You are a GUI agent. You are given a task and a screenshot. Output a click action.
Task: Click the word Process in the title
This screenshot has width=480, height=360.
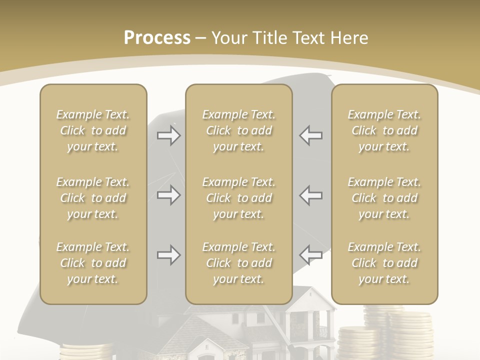(x=157, y=38)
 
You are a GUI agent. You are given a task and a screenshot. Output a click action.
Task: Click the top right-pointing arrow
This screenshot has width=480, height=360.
(x=168, y=135)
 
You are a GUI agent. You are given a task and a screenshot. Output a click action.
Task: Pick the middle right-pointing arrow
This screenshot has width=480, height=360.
(x=168, y=195)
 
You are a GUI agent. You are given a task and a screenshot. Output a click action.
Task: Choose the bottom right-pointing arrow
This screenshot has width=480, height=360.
(x=168, y=255)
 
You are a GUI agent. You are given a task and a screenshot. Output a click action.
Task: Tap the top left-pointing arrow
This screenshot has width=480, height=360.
(x=311, y=135)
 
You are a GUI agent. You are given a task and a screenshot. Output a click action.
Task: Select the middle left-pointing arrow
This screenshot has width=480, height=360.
(x=311, y=195)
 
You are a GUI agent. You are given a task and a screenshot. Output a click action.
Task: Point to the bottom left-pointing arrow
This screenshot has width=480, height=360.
(x=311, y=255)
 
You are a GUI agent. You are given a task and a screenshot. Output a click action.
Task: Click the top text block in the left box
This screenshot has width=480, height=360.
(x=93, y=130)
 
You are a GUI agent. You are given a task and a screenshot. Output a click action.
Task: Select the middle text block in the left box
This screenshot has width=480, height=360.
(x=93, y=198)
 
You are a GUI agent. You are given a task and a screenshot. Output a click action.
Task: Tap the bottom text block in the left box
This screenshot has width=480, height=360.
(x=93, y=263)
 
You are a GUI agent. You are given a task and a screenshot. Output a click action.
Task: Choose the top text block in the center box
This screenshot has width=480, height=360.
(x=239, y=130)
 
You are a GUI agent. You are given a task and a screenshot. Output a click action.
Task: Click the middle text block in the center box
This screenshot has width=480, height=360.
(x=239, y=198)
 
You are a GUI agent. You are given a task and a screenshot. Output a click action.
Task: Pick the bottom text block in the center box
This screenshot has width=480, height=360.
(x=239, y=263)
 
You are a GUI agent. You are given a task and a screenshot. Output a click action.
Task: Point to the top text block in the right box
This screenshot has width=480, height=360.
(x=384, y=130)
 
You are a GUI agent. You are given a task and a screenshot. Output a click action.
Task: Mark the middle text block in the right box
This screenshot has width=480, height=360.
(x=384, y=198)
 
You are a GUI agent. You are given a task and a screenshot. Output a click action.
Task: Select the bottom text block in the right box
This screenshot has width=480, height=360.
(x=384, y=263)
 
